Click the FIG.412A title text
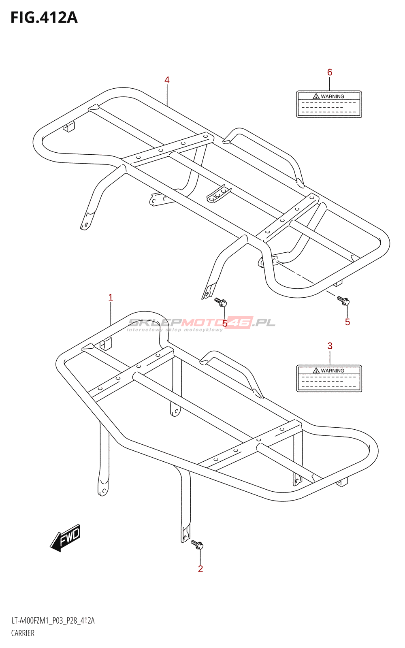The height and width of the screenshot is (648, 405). coord(44,18)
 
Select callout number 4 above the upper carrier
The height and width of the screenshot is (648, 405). coord(167,80)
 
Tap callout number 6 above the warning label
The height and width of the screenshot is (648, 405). coord(330,72)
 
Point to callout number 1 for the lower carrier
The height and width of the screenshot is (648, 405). coord(111,298)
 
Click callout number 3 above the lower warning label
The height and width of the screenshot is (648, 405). coord(330,346)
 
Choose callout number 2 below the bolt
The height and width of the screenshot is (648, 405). coord(200,569)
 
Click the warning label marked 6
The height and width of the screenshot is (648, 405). coord(329,104)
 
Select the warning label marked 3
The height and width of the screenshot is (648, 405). coord(329,379)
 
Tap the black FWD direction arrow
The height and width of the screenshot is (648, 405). coord(66,538)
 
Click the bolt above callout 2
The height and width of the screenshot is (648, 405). coord(197,545)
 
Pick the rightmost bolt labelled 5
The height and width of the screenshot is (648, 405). coord(343,301)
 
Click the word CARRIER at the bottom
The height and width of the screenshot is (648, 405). coord(23,633)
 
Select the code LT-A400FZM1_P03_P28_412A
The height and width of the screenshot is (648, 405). coord(53,621)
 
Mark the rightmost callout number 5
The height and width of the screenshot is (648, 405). coord(347,322)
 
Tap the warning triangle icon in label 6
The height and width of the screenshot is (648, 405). coord(316,96)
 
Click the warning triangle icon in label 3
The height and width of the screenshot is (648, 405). coord(316,371)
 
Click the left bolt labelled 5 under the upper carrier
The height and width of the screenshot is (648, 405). coord(221,302)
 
